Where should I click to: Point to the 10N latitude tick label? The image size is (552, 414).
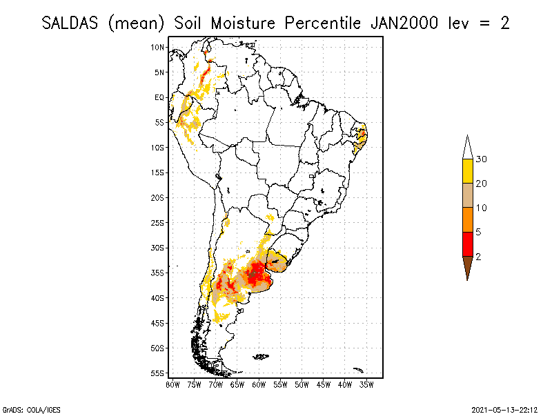click(x=158, y=47)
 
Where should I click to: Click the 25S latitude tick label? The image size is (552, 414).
click(x=158, y=222)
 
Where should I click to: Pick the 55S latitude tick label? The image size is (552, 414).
click(x=158, y=373)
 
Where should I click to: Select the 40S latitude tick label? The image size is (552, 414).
click(x=158, y=297)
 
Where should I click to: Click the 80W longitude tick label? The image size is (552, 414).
click(x=172, y=384)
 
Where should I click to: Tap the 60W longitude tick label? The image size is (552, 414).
click(x=259, y=384)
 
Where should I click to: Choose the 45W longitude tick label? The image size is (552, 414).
click(x=323, y=384)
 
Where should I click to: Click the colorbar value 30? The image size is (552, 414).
click(x=482, y=159)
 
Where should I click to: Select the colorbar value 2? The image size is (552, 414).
click(x=479, y=256)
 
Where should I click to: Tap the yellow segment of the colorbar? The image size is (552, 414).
click(x=468, y=171)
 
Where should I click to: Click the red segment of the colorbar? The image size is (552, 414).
click(x=468, y=244)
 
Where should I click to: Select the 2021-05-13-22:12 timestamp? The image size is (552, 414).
click(x=504, y=408)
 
